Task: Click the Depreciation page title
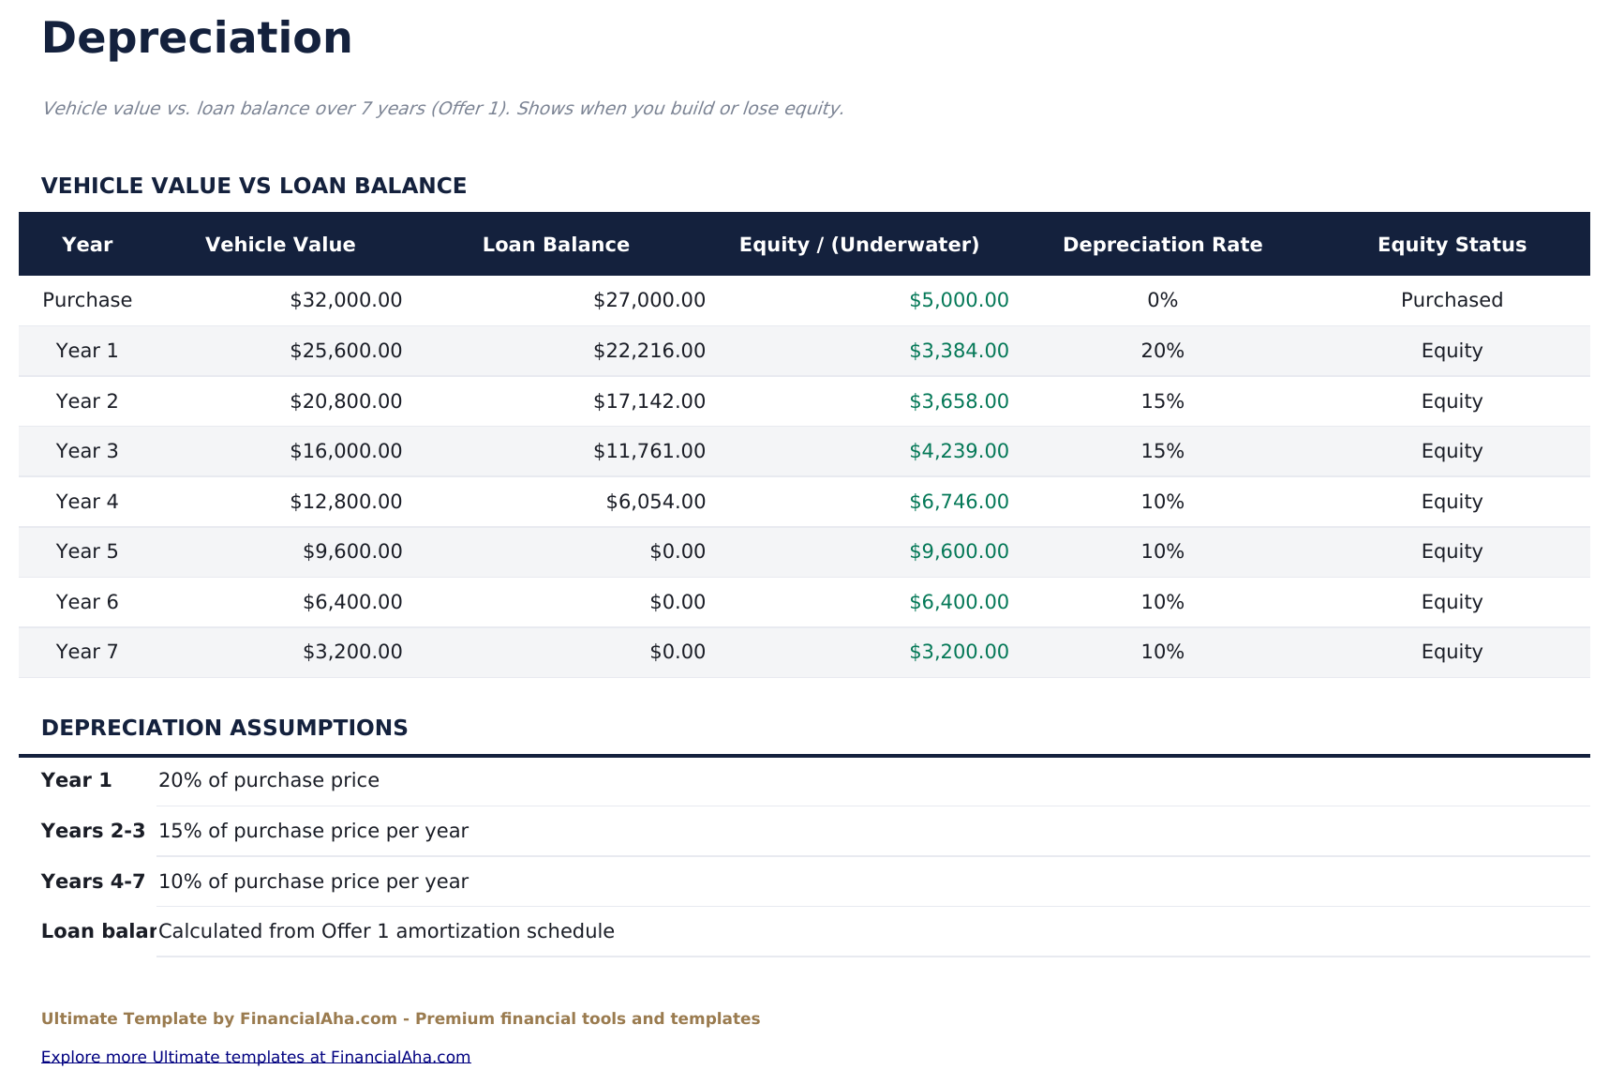(x=197, y=39)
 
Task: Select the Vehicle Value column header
(x=280, y=245)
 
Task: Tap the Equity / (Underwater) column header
(x=858, y=245)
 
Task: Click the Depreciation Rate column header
(x=1162, y=245)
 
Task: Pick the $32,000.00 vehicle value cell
(x=346, y=300)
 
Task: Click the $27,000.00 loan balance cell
(x=648, y=300)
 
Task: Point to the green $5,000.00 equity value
(x=959, y=300)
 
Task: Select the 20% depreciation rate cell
(x=1162, y=351)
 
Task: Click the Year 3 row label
(x=87, y=451)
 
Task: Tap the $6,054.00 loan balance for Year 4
(x=655, y=502)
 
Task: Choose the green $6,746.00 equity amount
(x=959, y=502)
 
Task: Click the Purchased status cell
(x=1452, y=300)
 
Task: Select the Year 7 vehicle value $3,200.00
(x=352, y=652)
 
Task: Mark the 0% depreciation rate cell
(x=1162, y=300)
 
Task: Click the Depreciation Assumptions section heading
(x=224, y=728)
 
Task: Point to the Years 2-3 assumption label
(x=93, y=831)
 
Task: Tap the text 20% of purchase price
(x=269, y=780)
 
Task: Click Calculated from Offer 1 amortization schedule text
(x=386, y=931)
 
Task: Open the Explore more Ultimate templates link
(x=256, y=1057)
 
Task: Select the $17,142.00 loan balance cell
(x=648, y=401)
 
